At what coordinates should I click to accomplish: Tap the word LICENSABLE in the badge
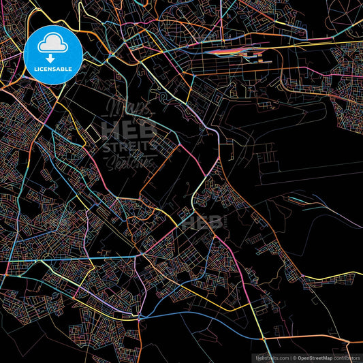point(52,69)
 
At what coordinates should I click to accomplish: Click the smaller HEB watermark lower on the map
point(201,221)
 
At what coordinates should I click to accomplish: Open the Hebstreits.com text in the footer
point(270,357)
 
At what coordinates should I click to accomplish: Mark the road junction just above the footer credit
point(264,338)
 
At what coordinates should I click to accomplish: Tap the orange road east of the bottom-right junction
point(313,338)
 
